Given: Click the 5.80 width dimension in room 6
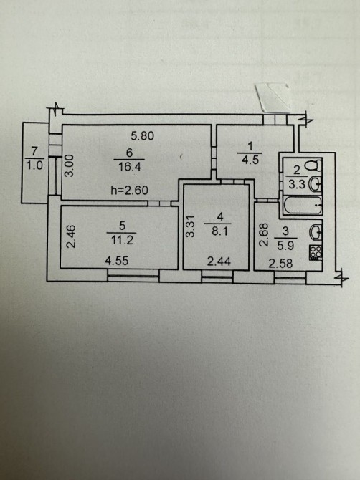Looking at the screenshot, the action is tap(142, 135).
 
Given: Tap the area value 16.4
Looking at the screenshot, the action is tap(129, 167).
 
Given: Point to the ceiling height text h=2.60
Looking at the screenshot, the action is tap(129, 191).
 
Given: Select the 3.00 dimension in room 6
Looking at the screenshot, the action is tap(70, 165).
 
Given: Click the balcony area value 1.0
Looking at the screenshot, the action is tap(34, 165).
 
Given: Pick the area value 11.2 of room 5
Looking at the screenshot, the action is tap(122, 241).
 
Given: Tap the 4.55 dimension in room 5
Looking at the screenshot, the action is tap(116, 261).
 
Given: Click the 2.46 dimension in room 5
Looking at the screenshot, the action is tap(70, 236).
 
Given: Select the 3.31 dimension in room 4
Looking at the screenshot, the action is tap(191, 226).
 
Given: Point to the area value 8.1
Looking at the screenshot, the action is tap(219, 231).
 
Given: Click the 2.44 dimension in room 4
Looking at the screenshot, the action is tap(219, 261).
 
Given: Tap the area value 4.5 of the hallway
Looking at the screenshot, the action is tap(250, 160).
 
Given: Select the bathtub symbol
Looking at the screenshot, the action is tap(303, 206).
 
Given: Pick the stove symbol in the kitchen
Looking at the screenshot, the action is tap(316, 253).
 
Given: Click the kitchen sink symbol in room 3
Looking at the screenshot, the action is tap(316, 232).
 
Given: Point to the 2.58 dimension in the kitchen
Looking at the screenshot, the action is tap(280, 263).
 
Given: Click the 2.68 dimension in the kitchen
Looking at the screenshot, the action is tap(264, 235).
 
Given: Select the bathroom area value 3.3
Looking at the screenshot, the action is tap(297, 185).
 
